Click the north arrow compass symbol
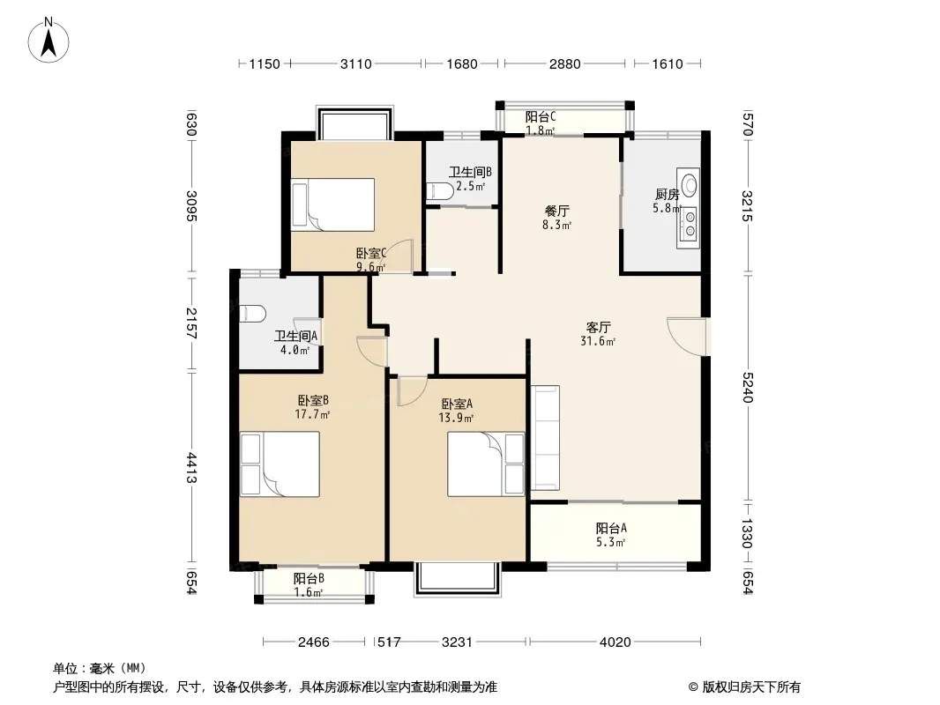point(48,41)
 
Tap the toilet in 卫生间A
point(252,313)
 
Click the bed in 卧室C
point(332,204)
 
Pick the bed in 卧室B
point(280,464)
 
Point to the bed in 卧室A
point(486,464)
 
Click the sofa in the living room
point(545,438)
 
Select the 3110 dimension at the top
point(356,63)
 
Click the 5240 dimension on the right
point(747,387)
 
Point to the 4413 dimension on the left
point(191,467)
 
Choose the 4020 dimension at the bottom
point(615,642)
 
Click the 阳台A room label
point(611,528)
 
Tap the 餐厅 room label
point(557,211)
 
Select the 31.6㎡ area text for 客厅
point(598,341)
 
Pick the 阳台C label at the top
point(541,116)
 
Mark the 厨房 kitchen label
point(668,194)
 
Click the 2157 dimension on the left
point(191,323)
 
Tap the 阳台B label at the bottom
point(309,579)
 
